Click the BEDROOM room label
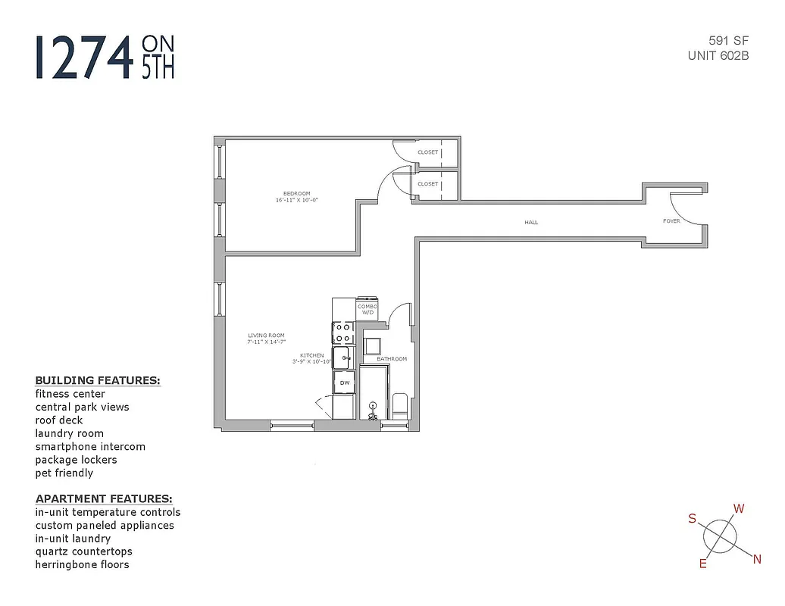tap(297, 194)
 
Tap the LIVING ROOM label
tap(266, 336)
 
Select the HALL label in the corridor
tap(531, 223)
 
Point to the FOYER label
tap(671, 221)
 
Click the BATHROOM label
tap(392, 359)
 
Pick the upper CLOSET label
tap(427, 152)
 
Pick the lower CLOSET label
tap(427, 184)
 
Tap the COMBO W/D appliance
tap(367, 309)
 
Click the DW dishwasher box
tap(344, 383)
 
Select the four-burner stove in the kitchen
tap(342, 333)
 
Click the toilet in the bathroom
tap(400, 405)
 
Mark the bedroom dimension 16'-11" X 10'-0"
tap(297, 201)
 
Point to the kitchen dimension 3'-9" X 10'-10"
tap(311, 362)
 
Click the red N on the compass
tap(756, 560)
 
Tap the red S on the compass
tap(692, 519)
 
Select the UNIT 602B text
tap(718, 55)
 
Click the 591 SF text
tap(729, 41)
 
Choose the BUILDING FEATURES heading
tap(98, 380)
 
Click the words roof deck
tap(59, 420)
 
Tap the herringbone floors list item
tap(82, 564)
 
